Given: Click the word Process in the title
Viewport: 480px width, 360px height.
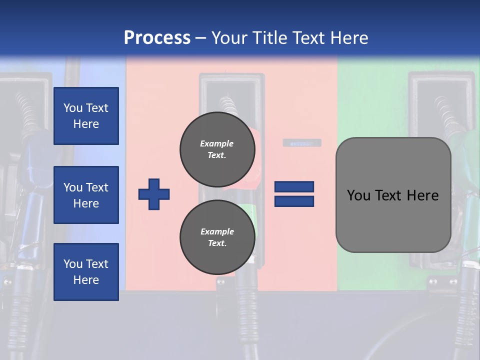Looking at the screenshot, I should click(x=157, y=37).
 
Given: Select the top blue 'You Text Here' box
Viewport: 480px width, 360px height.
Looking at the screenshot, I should click(x=86, y=116).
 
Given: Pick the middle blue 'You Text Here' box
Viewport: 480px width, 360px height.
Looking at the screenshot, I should click(x=86, y=195).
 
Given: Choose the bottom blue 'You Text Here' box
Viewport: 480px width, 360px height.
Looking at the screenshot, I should click(x=86, y=272).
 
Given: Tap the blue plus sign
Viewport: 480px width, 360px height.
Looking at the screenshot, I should click(x=154, y=194).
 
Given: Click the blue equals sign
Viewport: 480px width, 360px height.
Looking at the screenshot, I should click(x=294, y=194).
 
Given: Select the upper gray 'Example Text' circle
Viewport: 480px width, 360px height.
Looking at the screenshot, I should click(x=217, y=149).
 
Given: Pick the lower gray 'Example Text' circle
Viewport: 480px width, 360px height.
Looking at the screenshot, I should click(x=217, y=237).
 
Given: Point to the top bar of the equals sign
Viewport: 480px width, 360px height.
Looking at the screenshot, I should click(x=294, y=187).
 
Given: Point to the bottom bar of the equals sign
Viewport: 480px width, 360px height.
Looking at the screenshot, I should click(x=294, y=201).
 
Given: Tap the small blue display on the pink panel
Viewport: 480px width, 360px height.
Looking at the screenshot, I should click(x=302, y=143).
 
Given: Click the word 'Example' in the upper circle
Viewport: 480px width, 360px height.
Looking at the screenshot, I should click(x=217, y=143).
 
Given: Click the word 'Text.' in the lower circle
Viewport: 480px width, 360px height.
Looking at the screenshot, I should click(x=217, y=243).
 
